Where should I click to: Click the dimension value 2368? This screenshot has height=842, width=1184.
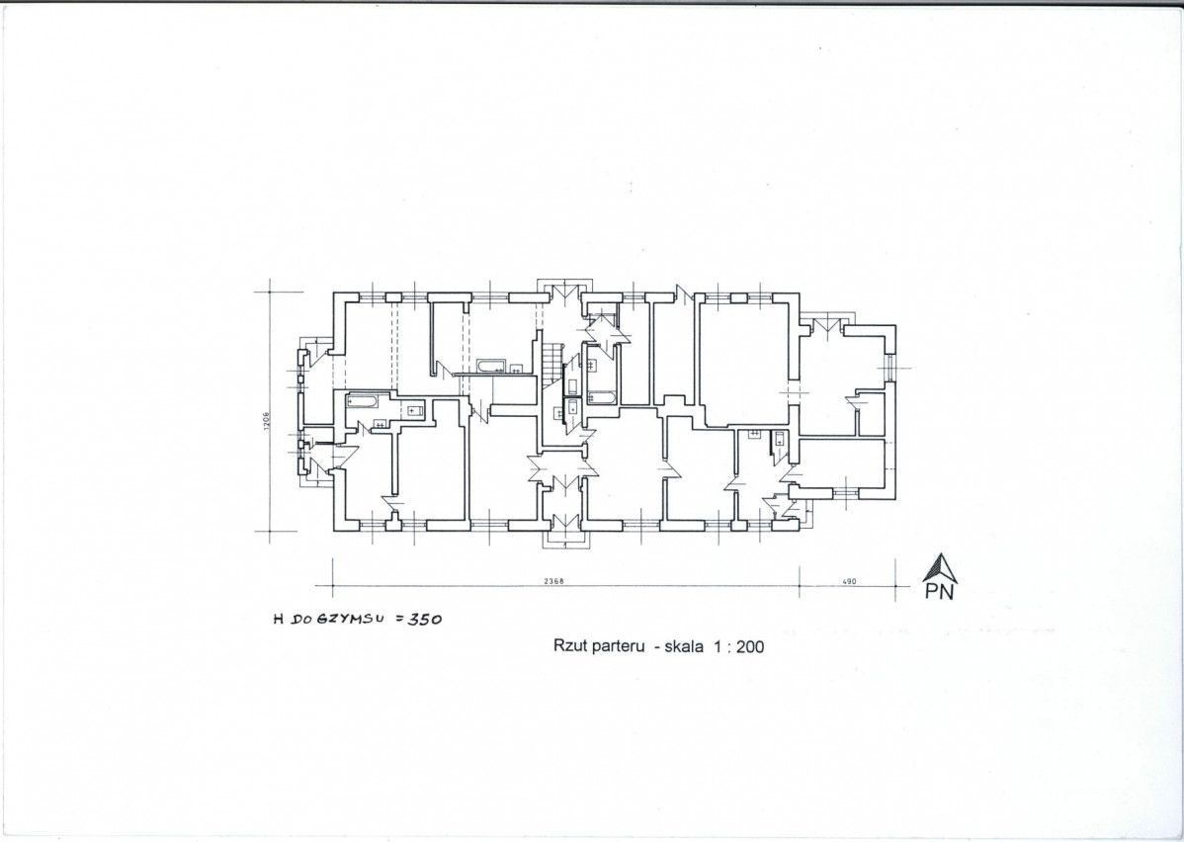tap(553, 581)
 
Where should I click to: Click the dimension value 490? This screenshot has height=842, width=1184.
tap(849, 581)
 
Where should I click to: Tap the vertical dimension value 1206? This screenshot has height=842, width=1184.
tap(267, 421)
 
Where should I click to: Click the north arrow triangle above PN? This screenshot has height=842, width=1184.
tap(939, 568)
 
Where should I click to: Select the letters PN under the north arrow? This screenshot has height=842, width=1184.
tap(939, 592)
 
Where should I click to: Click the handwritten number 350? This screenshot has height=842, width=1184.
tap(424, 620)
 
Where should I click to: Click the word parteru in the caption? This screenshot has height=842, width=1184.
tap(615, 646)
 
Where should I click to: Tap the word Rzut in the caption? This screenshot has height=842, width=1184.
tap(568, 645)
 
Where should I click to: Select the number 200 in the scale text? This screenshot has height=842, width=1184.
tap(750, 646)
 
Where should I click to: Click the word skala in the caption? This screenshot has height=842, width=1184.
tap(684, 645)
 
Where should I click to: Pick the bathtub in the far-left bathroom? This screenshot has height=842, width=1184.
tap(362, 400)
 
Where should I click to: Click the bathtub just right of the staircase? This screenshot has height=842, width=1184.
tap(602, 397)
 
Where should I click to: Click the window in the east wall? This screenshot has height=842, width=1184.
tap(890, 369)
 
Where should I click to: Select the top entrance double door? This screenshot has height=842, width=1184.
tap(562, 293)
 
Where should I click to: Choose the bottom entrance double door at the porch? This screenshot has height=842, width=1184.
tap(564, 521)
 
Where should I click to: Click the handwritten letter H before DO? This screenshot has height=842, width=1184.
tap(278, 620)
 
